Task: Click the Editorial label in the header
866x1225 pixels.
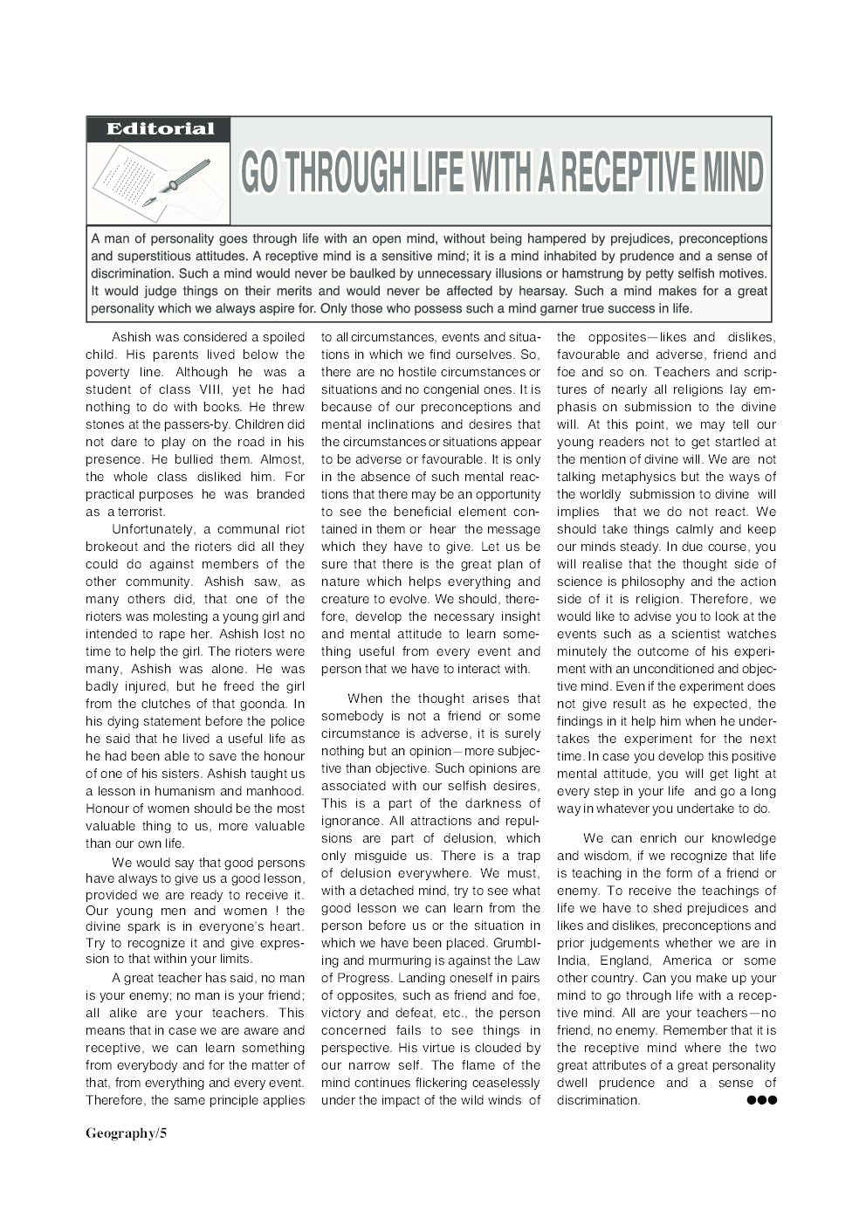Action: pyautogui.click(x=159, y=129)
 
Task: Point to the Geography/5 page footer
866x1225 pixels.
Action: pyautogui.click(x=126, y=1133)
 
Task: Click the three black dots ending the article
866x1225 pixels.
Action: pyautogui.click(x=761, y=1100)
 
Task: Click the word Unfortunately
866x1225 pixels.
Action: pyautogui.click(x=153, y=529)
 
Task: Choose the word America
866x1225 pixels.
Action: pyautogui.click(x=687, y=960)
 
